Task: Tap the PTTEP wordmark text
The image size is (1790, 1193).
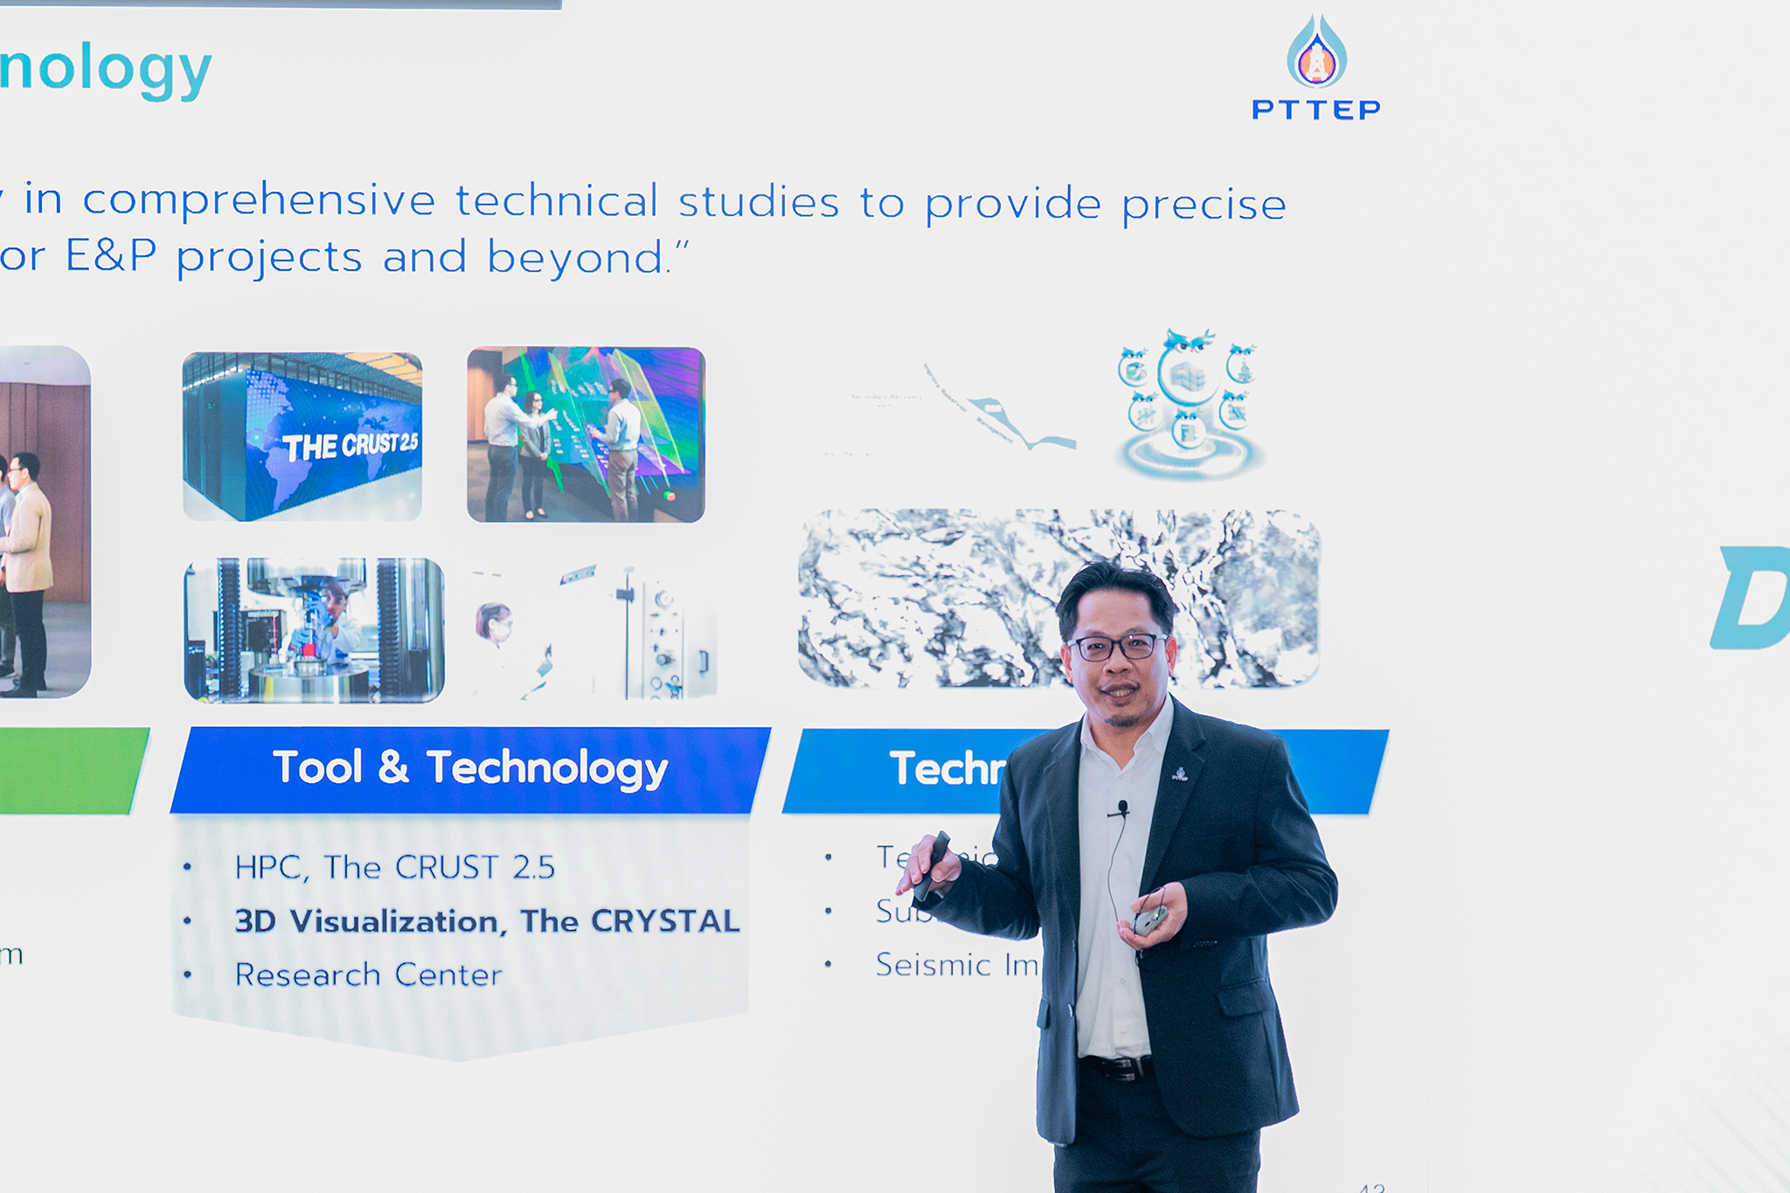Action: [1315, 110]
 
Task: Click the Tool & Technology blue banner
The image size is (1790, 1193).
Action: [470, 769]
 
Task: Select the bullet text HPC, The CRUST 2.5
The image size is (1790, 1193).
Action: [394, 867]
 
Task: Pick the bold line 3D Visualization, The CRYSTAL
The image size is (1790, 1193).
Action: [487, 921]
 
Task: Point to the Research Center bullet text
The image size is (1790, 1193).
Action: [368, 975]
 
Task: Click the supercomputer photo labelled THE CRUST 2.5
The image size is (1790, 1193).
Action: [302, 436]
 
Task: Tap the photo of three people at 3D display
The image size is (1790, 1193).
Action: [586, 434]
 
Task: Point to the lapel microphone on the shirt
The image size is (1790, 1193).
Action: [1122, 808]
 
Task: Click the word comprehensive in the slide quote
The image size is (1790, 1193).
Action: [259, 202]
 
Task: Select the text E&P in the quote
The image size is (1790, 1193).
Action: [111, 257]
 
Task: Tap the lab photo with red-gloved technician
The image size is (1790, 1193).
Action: [314, 630]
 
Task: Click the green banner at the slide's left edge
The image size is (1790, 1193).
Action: [70, 770]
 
